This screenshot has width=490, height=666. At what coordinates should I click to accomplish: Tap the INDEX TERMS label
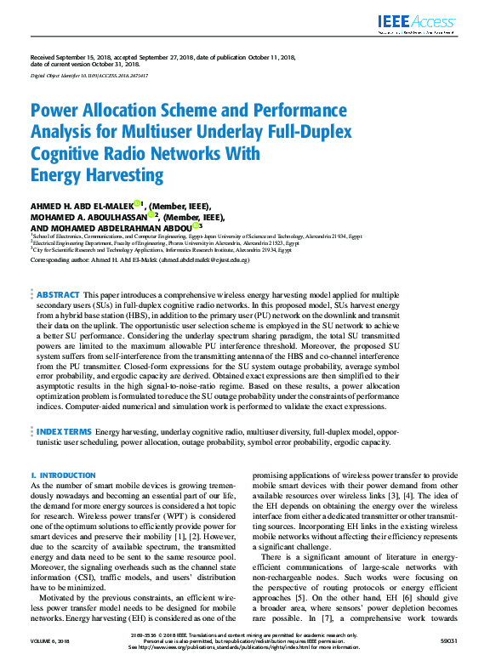(x=63, y=433)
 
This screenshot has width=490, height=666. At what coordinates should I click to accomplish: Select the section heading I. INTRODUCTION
(x=56, y=475)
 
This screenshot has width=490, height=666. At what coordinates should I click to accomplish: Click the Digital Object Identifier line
(x=89, y=76)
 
